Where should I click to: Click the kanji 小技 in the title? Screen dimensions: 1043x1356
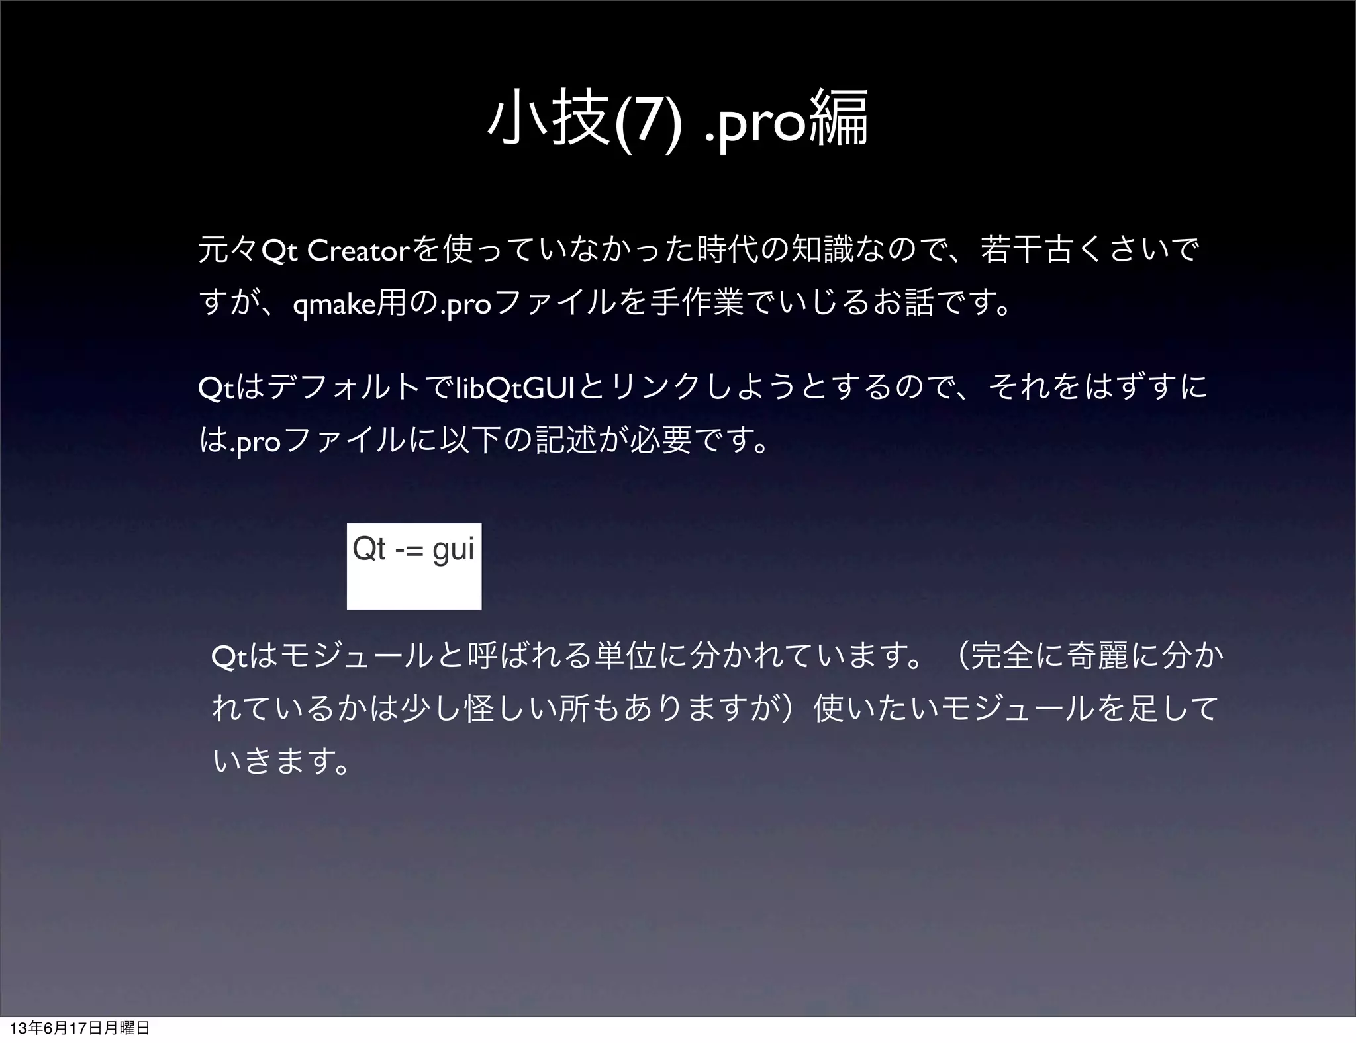[x=547, y=121]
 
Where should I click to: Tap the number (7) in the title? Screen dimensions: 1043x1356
[x=646, y=122]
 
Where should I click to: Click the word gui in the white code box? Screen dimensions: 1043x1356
[x=453, y=549]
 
